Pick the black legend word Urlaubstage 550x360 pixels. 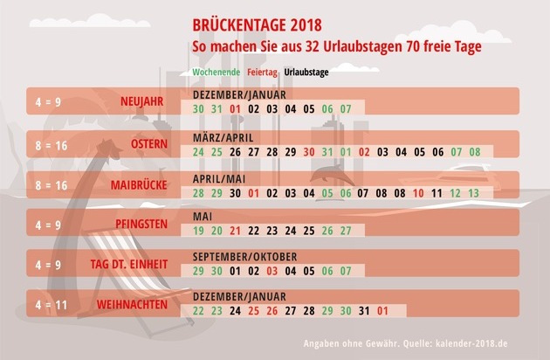306,73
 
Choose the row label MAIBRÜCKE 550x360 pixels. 140,185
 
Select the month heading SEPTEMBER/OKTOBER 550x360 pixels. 244,257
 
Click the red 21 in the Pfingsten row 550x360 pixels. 235,232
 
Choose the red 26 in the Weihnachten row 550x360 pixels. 272,311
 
